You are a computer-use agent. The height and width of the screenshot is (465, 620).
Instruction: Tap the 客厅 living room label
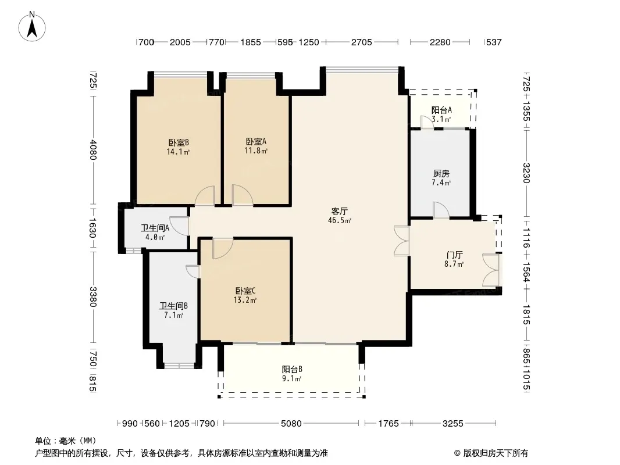[340, 212]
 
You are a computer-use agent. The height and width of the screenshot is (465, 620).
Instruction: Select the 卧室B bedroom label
[179, 142]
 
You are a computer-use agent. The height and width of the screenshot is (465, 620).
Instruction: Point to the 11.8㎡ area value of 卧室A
[256, 151]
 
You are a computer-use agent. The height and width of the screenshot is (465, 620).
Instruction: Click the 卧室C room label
[245, 291]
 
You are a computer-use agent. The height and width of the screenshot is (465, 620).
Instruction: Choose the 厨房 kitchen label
[441, 173]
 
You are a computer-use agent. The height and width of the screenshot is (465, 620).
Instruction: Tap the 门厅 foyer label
[454, 255]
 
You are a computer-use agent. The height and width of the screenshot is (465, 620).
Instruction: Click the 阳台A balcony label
[441, 110]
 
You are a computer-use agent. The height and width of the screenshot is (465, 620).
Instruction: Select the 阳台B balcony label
[292, 370]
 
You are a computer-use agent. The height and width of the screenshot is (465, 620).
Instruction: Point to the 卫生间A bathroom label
[155, 228]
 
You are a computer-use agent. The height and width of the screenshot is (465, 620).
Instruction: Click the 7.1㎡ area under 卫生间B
[174, 315]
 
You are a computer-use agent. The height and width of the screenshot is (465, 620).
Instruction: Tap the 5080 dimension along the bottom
[291, 424]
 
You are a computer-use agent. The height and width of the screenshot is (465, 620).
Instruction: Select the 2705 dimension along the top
[362, 42]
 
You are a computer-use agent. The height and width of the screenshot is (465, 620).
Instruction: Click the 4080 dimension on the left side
[92, 150]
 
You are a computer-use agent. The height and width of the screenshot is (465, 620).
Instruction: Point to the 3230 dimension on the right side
[526, 173]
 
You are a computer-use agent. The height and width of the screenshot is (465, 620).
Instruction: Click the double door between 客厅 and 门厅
[402, 241]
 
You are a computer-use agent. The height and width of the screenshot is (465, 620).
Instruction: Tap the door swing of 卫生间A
[179, 226]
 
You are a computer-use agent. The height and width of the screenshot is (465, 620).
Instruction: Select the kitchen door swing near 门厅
[441, 210]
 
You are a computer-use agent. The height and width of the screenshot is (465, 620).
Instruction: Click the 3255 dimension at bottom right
[452, 424]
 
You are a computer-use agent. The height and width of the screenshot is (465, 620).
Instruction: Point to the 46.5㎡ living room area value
[340, 220]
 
